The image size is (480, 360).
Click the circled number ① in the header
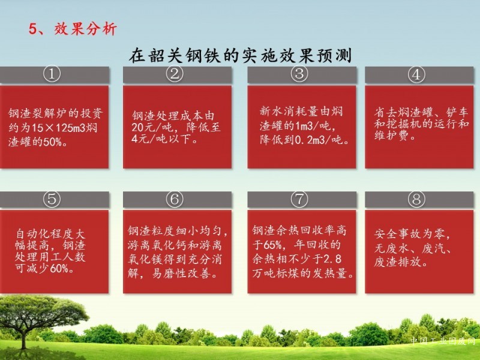tap(52, 74)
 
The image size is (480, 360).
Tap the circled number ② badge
tap(175, 74)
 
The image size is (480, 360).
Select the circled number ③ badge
tap(299, 74)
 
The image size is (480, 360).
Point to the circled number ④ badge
tap(416, 74)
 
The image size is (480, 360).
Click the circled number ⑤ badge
tap(52, 199)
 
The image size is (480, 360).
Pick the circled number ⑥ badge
tap(175, 199)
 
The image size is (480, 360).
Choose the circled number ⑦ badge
tap(299, 199)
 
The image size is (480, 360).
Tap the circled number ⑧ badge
tap(416, 199)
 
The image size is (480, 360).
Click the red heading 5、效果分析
tap(73, 29)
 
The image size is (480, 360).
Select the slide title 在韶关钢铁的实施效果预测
tap(241, 55)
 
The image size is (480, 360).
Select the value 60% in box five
tap(59, 268)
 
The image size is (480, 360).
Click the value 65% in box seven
tap(272, 245)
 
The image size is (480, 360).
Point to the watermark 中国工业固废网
tap(443, 340)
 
